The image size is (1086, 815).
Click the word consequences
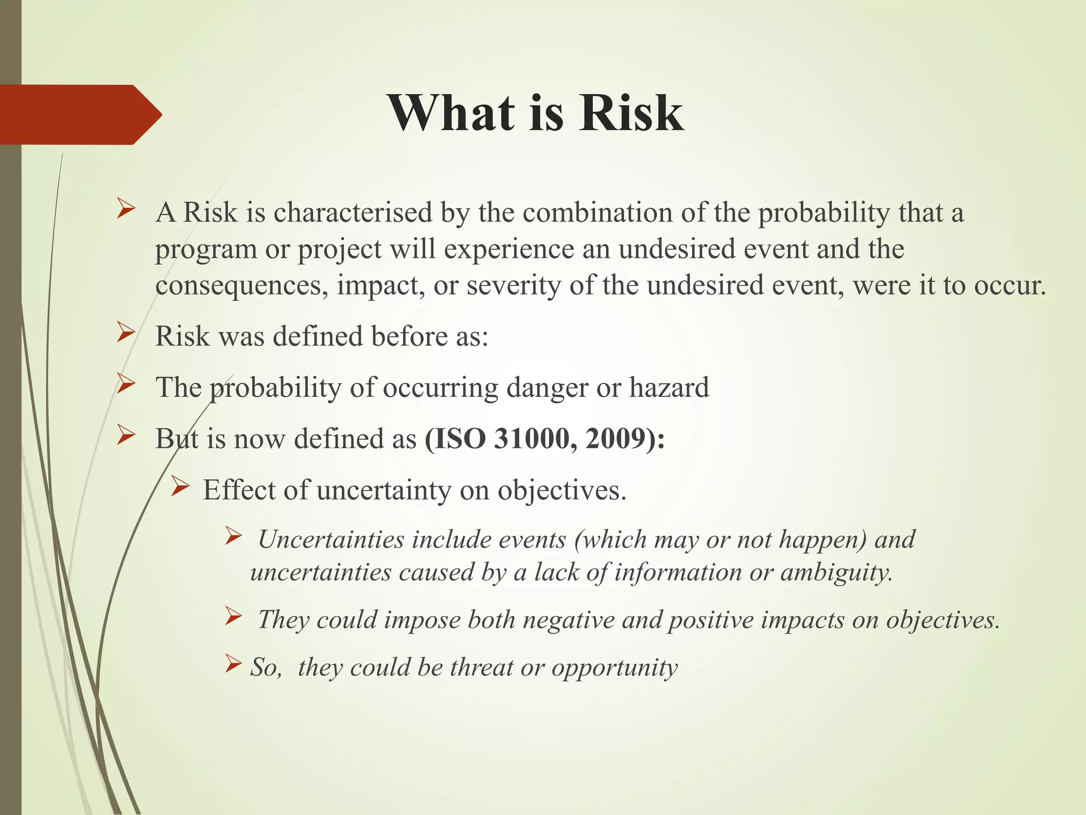241,286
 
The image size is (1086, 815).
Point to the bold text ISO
460,439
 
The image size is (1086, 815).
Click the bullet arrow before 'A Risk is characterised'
126,209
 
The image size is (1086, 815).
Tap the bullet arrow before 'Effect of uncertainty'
180,485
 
